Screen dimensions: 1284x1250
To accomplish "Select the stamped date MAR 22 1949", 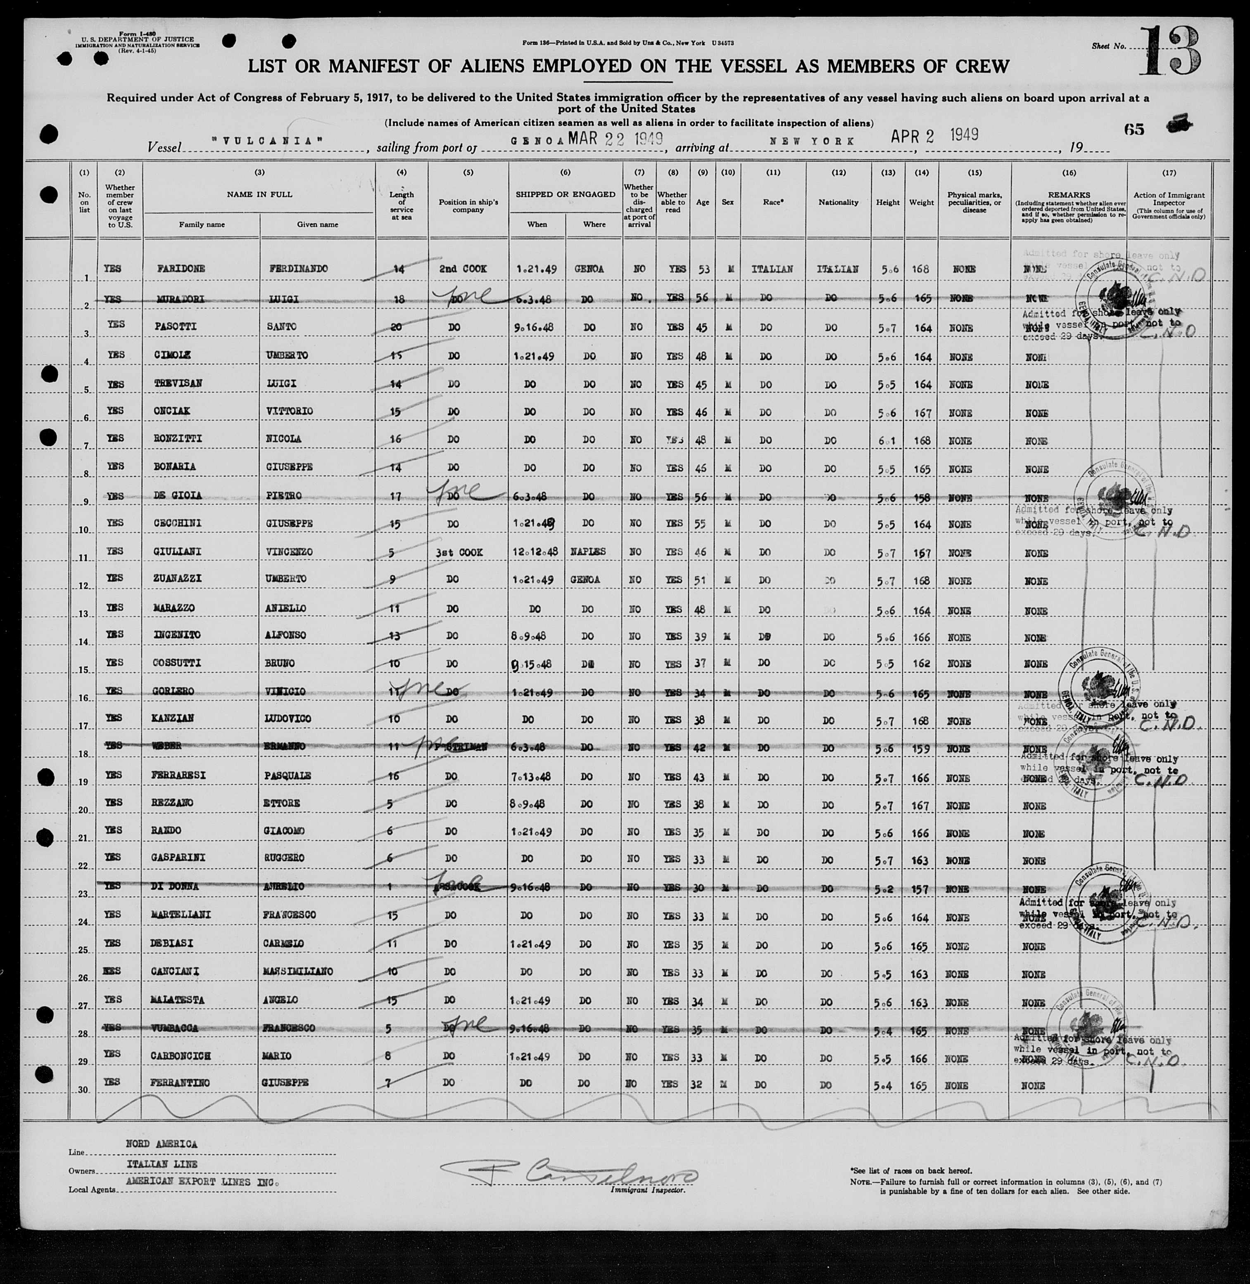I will pyautogui.click(x=615, y=138).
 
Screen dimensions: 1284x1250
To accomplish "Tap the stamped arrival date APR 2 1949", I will pyautogui.click(x=934, y=135).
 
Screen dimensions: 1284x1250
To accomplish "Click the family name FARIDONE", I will pyautogui.click(x=179, y=269).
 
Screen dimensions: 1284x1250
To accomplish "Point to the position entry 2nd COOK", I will pyautogui.click(x=468, y=269).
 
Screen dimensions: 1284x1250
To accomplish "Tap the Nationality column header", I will pyautogui.click(x=839, y=202).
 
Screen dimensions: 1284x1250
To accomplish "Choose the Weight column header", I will pyautogui.click(x=921, y=202).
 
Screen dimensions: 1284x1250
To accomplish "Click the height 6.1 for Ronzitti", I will pyautogui.click(x=886, y=440).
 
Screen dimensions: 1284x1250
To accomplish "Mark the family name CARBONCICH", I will pyautogui.click(x=185, y=1056).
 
